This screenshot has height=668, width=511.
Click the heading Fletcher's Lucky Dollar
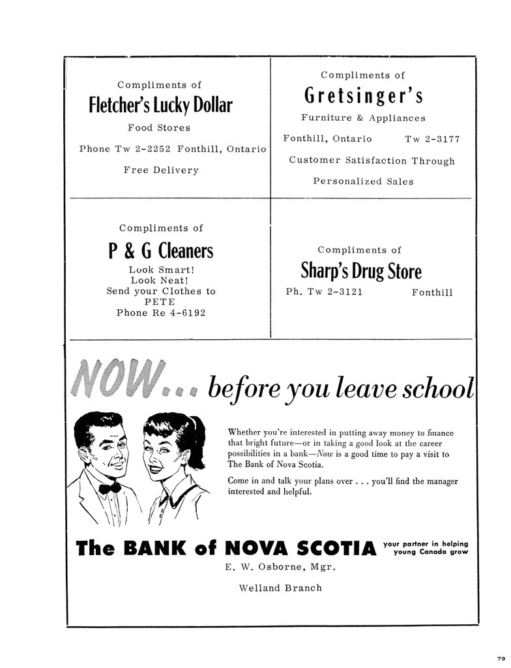coord(160,105)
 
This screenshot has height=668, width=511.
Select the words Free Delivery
coord(161,170)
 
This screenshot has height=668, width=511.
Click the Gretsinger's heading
coord(363,96)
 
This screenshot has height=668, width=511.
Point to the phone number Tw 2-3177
coord(432,139)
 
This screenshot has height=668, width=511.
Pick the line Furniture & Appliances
coord(363,118)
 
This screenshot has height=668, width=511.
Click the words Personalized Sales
coord(363,181)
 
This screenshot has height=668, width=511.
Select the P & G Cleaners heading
coord(160,250)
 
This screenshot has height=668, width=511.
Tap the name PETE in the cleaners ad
coord(160,302)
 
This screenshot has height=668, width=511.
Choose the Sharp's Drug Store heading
coord(360,271)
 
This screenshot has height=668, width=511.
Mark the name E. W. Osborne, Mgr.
coord(280,566)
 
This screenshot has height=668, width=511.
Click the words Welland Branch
coord(280,588)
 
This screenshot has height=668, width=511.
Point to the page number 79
coord(501,658)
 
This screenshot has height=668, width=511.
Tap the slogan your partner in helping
coord(426,543)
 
